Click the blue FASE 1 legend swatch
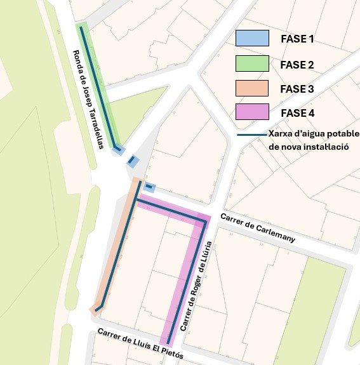[x=252, y=38]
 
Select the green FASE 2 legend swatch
[x=252, y=63]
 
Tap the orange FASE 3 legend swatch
[x=252, y=88]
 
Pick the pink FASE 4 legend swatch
[x=252, y=112]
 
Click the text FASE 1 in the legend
[x=297, y=39]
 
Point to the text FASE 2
[x=297, y=65]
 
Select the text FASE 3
[x=297, y=90]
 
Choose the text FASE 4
[x=297, y=114]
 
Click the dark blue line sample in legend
[x=251, y=135]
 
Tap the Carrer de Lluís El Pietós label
[x=140, y=344]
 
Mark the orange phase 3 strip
[x=118, y=248]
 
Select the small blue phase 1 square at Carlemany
[x=149, y=187]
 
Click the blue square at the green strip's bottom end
[x=118, y=150]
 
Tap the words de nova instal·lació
[x=309, y=147]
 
